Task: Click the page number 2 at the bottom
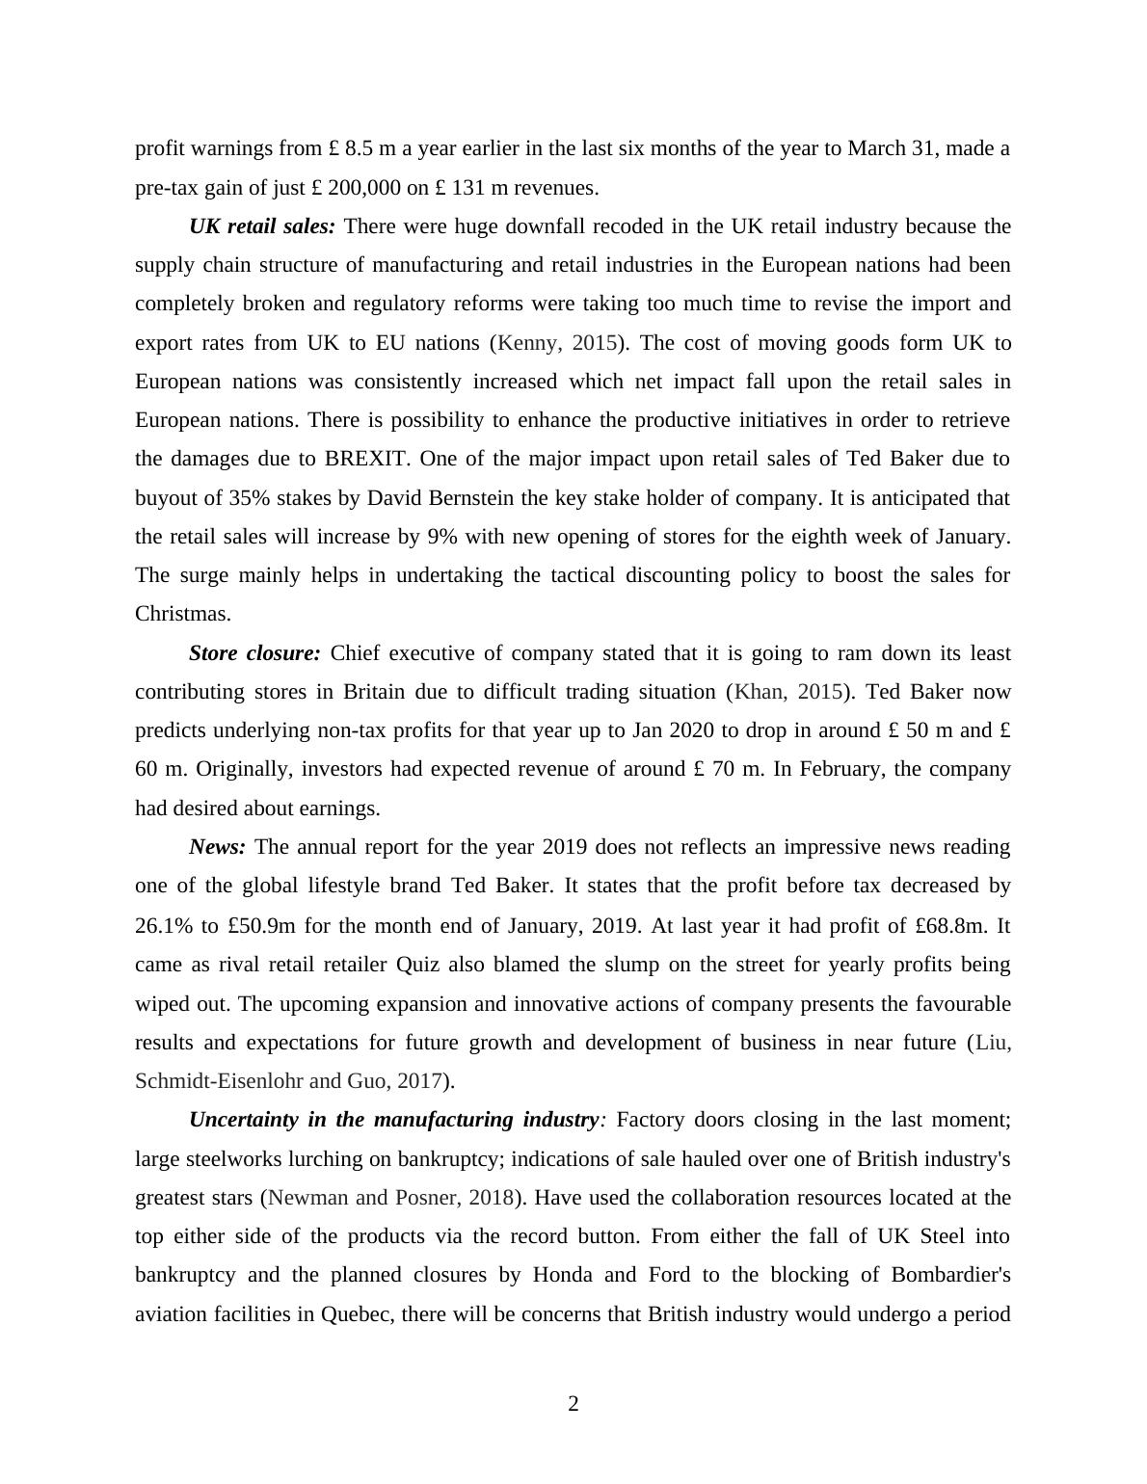click(x=573, y=1404)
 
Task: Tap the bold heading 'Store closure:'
click(x=254, y=653)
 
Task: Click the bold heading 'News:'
click(x=217, y=847)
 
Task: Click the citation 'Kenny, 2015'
click(x=556, y=343)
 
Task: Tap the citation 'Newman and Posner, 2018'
click(x=390, y=1198)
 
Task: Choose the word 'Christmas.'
click(x=183, y=614)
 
